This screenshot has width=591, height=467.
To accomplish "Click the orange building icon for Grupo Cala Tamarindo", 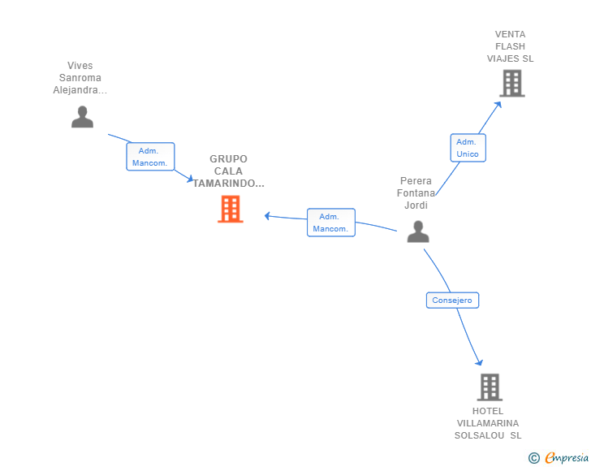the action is (231, 209).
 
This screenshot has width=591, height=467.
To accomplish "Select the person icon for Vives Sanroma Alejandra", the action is (82, 117).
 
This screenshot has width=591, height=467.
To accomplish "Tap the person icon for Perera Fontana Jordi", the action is (418, 231).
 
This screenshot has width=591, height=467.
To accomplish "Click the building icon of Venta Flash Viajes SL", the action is (512, 84).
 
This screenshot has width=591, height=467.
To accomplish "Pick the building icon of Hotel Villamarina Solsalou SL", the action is (490, 387).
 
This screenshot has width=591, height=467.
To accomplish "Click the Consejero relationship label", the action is (452, 301).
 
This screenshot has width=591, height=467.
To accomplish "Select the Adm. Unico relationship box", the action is (468, 148).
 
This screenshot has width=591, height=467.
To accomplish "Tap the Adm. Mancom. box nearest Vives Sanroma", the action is (150, 157).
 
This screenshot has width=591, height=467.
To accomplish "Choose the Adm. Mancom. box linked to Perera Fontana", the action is (331, 223).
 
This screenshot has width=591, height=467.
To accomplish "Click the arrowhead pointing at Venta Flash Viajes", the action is (498, 105).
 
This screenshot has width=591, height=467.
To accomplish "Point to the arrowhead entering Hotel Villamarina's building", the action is (479, 362).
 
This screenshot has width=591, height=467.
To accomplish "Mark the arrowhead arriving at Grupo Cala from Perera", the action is (267, 216).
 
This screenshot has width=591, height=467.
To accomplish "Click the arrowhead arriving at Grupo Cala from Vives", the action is (190, 179).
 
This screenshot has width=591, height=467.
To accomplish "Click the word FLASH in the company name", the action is (510, 46).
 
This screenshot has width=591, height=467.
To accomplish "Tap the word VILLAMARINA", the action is (488, 423).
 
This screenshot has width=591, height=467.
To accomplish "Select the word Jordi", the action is (416, 205).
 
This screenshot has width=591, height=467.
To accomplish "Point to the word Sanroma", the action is (80, 78).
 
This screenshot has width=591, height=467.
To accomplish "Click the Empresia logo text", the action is (567, 457).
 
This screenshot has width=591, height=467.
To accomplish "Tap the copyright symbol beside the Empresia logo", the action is (533, 458).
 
